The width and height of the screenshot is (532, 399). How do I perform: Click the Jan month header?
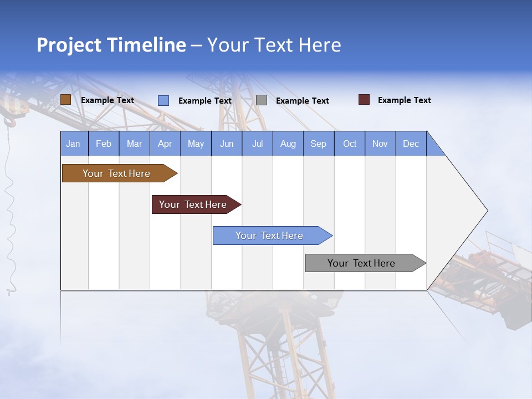click(x=73, y=144)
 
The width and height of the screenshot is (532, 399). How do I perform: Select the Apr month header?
click(x=165, y=144)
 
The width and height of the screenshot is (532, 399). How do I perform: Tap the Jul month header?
click(x=257, y=144)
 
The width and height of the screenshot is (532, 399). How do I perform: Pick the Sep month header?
click(x=318, y=144)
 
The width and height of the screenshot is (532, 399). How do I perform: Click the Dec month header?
click(x=411, y=144)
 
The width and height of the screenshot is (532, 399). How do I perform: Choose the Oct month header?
click(x=349, y=144)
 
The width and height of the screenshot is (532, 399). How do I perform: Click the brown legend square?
click(x=65, y=100)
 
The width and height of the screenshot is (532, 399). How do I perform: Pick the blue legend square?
click(x=163, y=100)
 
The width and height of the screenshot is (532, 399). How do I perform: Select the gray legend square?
click(x=262, y=100)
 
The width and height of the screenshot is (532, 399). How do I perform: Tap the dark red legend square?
click(x=364, y=100)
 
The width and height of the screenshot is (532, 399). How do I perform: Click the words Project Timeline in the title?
click(x=111, y=45)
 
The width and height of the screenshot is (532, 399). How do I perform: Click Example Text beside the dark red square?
click(x=404, y=100)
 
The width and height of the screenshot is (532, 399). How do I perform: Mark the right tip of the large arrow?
click(x=487, y=211)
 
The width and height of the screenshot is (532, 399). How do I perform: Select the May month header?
click(x=196, y=144)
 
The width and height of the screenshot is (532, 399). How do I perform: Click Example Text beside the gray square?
click(x=302, y=101)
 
